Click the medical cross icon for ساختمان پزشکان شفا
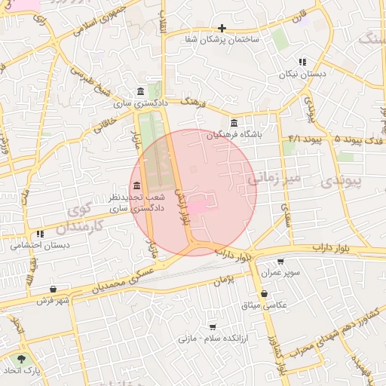222,28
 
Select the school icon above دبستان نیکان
302,63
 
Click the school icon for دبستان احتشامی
39,234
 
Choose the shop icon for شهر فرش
53,289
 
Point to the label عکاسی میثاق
259,305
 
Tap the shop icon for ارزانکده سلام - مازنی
213,327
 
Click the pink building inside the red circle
197,206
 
